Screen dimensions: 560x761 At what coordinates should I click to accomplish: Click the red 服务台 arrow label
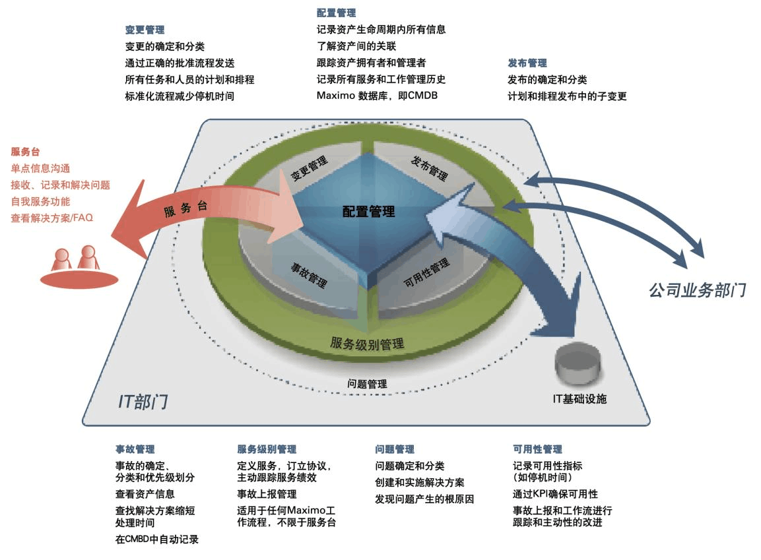[185, 210]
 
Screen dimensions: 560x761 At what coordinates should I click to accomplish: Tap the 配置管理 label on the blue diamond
[368, 212]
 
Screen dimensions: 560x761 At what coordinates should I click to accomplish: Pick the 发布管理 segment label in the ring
[429, 168]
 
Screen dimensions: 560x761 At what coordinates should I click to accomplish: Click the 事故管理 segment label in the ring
[309, 276]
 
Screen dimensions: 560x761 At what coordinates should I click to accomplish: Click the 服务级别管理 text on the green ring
[367, 344]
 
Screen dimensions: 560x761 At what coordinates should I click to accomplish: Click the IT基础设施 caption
[579, 399]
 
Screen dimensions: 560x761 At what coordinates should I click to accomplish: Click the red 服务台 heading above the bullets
[25, 152]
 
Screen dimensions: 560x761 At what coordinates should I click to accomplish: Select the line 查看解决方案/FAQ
[51, 218]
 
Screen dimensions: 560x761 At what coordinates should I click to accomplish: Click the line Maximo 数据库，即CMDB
[377, 95]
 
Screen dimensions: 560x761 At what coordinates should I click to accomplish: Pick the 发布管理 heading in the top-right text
[527, 63]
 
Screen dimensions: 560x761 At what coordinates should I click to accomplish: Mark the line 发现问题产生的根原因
[424, 499]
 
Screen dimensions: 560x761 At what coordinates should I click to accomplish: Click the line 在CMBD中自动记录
[157, 539]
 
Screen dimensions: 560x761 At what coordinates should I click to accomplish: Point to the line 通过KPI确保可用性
[555, 493]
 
